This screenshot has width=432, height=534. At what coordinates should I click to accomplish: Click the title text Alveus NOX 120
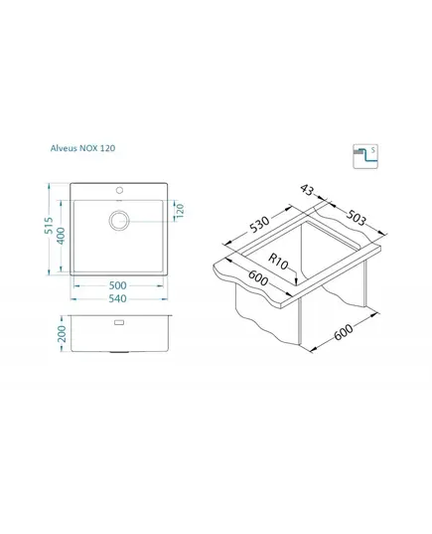[x=82, y=148]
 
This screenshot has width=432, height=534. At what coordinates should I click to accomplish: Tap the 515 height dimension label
[x=49, y=226]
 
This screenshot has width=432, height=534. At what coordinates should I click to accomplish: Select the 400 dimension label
[x=61, y=236]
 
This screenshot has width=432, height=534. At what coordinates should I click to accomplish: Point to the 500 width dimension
[x=117, y=285]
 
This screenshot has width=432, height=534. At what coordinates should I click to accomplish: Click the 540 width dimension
[x=117, y=298]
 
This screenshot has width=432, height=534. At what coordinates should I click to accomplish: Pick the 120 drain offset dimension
[x=180, y=211]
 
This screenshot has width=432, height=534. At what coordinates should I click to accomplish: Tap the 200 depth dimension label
[x=62, y=333]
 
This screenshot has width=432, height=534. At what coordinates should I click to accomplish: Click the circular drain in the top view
[x=119, y=220]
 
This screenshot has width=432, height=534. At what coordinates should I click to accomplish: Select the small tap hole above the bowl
[x=119, y=190]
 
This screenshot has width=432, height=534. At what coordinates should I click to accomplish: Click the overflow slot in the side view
[x=119, y=322]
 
